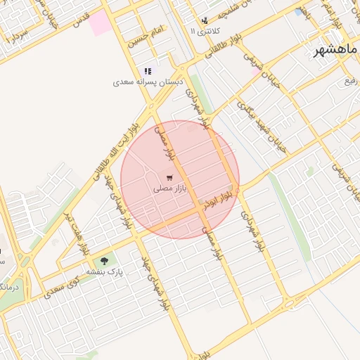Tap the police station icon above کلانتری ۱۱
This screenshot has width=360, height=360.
(205, 20)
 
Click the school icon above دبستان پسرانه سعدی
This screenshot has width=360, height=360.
(148, 71)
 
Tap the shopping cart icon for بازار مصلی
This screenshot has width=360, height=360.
(170, 177)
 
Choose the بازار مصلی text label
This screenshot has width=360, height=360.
(170, 189)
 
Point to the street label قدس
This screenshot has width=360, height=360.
(81, 15)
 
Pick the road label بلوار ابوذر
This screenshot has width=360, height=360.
(219, 201)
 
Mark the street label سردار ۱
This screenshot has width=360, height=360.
(15, 34)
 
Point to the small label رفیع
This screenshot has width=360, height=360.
(349, 79)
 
